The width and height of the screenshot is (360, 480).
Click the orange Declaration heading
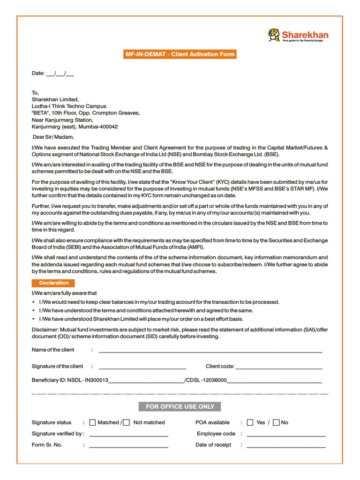pyautogui.click(x=54, y=283)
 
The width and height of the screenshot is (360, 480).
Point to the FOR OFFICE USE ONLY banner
pyautogui.click(x=180, y=406)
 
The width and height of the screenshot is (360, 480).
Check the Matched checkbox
pyautogui.click(x=92, y=422)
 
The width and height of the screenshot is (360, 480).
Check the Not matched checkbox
pyautogui.click(x=127, y=422)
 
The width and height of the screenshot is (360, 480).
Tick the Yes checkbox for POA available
pyautogui.click(x=250, y=422)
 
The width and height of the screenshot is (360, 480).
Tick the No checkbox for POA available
pyautogui.click(x=276, y=422)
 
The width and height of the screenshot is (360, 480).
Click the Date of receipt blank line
pyautogui.click(x=286, y=446)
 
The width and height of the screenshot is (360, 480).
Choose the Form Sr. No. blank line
pyautogui.click(x=128, y=446)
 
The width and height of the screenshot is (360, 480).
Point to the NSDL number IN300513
pyautogui.click(x=96, y=381)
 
